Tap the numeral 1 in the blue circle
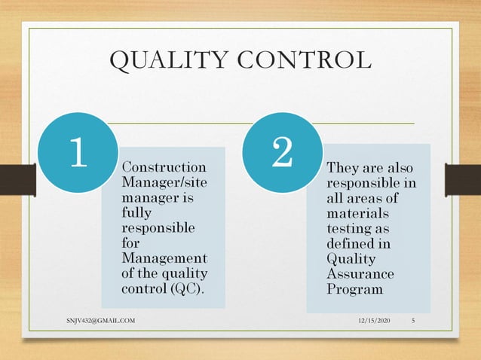78,153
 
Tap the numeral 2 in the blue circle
282,153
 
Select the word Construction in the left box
163,166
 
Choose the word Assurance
360,274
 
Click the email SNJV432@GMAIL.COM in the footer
100,322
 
